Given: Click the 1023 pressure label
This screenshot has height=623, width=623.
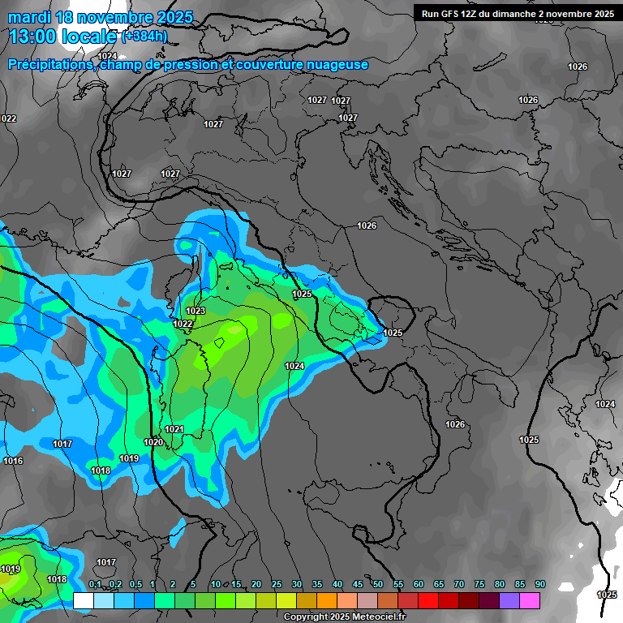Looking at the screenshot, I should click(x=195, y=311).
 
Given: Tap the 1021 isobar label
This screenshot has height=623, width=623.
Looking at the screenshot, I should click(x=174, y=429).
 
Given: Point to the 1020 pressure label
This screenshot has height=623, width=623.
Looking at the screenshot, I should click(x=153, y=442).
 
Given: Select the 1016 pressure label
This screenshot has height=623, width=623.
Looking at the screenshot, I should click(x=13, y=461).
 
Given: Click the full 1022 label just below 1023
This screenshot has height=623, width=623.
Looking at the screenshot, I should click(x=183, y=324).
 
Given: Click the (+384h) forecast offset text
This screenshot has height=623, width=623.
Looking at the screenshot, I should click(x=144, y=36).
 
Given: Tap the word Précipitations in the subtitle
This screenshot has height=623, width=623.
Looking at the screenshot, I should click(x=50, y=64).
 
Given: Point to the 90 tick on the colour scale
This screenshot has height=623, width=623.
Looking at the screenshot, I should click(x=540, y=584).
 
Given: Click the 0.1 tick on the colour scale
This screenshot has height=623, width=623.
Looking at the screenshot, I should click(x=94, y=584).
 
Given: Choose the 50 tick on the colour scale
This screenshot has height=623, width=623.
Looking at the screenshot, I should click(x=378, y=584).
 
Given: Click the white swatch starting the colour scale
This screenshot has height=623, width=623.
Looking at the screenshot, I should click(x=84, y=600).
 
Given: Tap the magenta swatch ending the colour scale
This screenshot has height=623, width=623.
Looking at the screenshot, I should click(x=530, y=600).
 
